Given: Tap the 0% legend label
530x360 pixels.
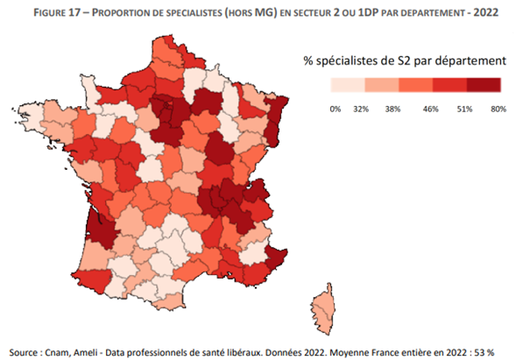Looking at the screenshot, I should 334,109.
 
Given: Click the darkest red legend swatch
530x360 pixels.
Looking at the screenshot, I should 484,85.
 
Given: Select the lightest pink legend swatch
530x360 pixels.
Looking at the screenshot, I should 347,85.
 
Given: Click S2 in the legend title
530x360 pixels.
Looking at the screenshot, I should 416,61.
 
